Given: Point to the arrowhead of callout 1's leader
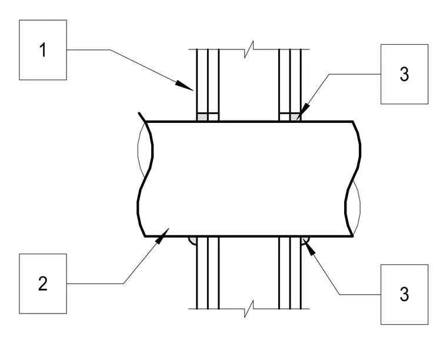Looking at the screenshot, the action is pos(185,85).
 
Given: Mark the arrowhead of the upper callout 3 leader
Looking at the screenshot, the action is pos(303,112).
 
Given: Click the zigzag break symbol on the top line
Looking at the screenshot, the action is pos(249,49).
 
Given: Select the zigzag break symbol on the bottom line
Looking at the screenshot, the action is pos(249,309).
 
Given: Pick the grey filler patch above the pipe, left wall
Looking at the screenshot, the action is pos(202,117).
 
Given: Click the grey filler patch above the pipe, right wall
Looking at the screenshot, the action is pos(295,117).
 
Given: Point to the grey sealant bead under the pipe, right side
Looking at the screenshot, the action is pos(305,240).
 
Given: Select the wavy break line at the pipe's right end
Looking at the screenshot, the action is pos(353,179).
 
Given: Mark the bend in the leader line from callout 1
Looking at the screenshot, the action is pos(111,50).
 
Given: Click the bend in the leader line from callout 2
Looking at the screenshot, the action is pos(123,284).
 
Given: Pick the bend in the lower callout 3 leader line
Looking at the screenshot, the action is pos(339,295).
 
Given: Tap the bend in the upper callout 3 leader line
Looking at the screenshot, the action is pos(329,74).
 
